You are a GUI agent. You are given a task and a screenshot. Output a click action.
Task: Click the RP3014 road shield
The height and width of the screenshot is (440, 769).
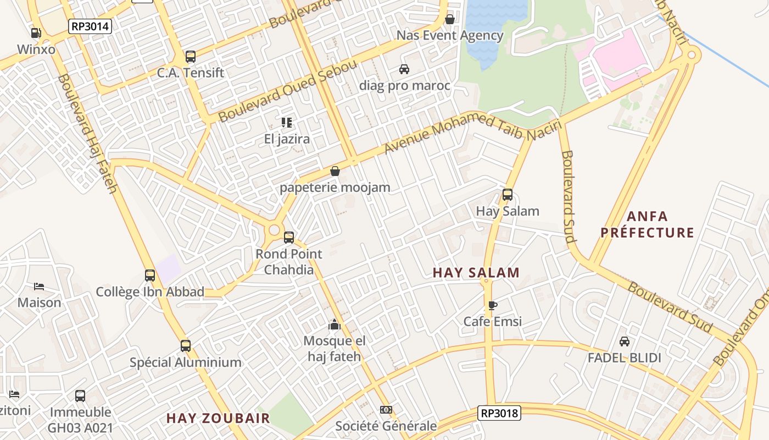[91, 26]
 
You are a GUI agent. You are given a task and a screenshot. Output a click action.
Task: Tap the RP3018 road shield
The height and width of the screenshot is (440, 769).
[499, 413]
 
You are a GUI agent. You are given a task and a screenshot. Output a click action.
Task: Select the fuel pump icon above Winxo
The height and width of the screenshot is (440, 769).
[36, 33]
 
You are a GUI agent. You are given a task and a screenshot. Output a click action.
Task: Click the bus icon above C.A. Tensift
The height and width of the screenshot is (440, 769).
[191, 57]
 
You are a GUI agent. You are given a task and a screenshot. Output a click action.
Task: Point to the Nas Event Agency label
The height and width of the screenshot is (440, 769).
[450, 36]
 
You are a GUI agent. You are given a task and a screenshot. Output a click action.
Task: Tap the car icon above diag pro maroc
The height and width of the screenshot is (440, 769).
[404, 69]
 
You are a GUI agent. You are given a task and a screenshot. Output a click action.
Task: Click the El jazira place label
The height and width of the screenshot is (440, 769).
[287, 139]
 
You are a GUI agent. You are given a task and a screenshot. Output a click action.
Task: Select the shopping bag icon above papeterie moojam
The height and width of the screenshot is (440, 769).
[335, 171]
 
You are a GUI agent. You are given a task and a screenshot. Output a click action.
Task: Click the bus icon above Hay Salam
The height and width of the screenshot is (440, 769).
[508, 195]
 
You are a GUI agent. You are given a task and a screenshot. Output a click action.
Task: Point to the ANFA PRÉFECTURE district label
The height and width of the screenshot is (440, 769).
[647, 224]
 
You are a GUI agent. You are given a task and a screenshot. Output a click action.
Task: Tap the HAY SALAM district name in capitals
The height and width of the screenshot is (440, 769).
[476, 273]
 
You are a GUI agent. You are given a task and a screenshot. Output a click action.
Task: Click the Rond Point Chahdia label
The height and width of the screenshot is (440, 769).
[289, 262]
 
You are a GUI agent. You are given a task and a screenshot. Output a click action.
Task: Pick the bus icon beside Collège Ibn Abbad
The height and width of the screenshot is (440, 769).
[150, 276]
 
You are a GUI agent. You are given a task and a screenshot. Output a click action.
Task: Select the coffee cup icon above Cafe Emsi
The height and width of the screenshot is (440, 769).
[492, 305]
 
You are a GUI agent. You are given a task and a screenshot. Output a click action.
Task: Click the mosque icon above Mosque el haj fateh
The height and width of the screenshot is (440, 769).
[335, 325]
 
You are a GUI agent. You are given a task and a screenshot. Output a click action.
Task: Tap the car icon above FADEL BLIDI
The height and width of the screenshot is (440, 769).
[625, 342]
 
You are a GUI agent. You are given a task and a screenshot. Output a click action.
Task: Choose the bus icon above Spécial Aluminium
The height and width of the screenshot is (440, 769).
[186, 346]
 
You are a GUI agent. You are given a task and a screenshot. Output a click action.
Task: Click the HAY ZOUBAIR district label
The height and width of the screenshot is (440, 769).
[218, 418]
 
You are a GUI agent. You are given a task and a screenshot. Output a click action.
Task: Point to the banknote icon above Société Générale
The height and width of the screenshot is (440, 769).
[386, 410]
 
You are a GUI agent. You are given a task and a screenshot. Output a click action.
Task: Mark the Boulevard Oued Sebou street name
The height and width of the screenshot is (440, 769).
[288, 91]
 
